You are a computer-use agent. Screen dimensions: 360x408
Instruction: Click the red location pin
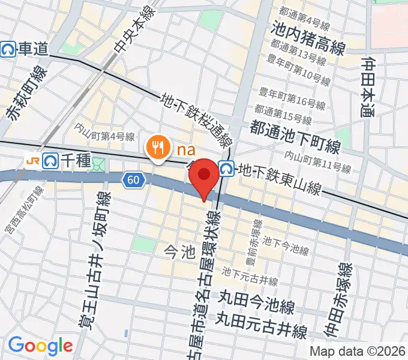pyautogui.click(x=205, y=176)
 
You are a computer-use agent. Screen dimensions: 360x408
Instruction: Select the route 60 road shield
pyautogui.click(x=133, y=179)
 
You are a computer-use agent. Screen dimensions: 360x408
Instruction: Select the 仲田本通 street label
pyautogui.click(x=370, y=86)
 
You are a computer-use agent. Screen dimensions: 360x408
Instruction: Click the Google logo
pyautogui.click(x=40, y=346)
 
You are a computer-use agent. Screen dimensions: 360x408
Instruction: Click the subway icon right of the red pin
pyautogui.click(x=226, y=169)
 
